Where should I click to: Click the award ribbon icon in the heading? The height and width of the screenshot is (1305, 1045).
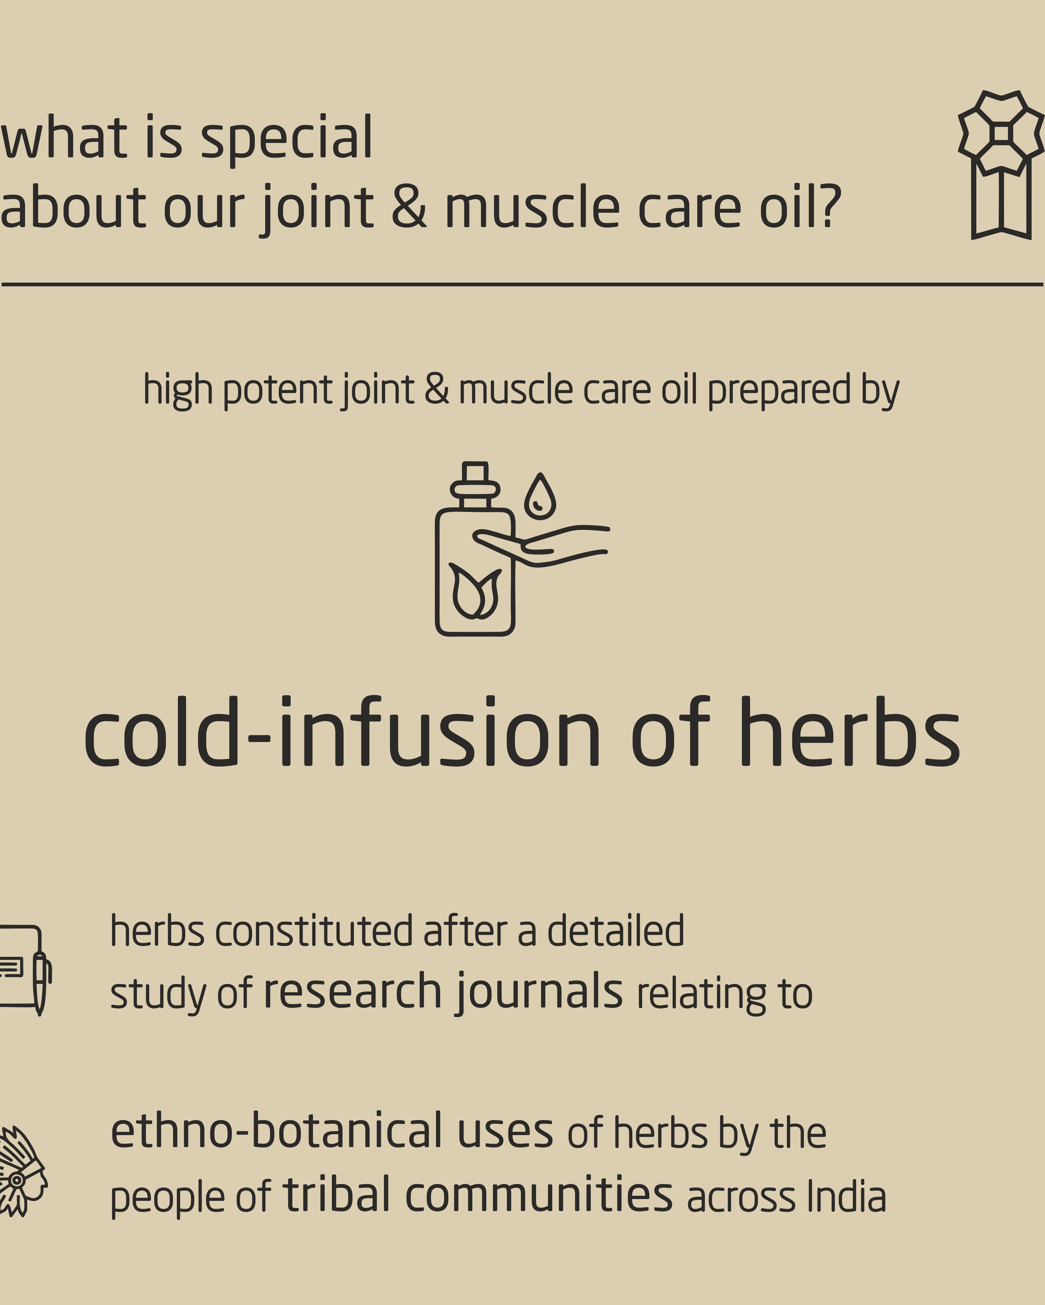point(1001,165)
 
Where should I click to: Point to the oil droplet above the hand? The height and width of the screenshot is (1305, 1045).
point(540,496)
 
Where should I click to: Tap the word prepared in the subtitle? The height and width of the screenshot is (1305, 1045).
point(780,390)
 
